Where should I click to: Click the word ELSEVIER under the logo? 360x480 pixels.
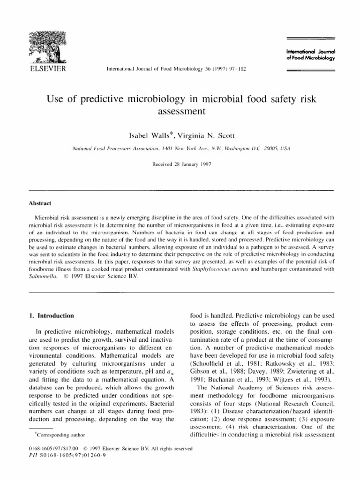(x=46, y=69)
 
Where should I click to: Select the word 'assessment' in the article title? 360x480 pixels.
(x=180, y=112)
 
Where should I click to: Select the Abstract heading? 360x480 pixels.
(x=40, y=203)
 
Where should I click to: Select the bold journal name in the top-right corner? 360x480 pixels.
(x=310, y=54)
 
